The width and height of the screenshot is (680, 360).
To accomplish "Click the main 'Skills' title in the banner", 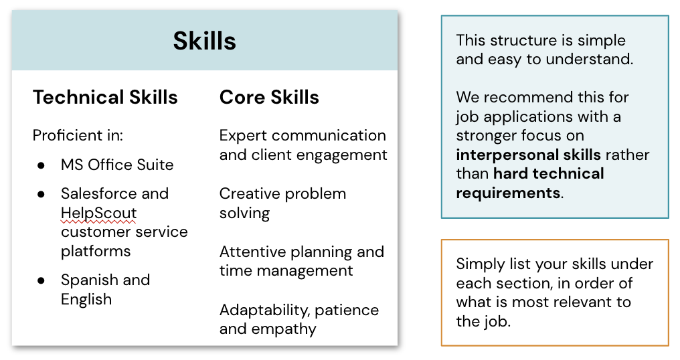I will coord(204,41).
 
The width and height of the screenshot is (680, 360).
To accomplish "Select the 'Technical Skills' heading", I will coord(105,98).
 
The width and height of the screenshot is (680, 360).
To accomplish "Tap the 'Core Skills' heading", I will coord(269,98).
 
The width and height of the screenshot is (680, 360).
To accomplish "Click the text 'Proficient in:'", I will coord(78,136).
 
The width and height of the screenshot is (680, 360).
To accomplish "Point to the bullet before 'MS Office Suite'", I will coord(41,165).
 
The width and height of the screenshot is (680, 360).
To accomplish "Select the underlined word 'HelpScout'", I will coord(98,213).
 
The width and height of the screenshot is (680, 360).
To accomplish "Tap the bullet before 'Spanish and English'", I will coord(41,280).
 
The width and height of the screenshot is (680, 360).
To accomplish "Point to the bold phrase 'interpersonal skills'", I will coord(529,155).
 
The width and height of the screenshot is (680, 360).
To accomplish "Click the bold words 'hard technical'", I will coord(548,175).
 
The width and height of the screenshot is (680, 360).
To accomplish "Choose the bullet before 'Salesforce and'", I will coord(41,194).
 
